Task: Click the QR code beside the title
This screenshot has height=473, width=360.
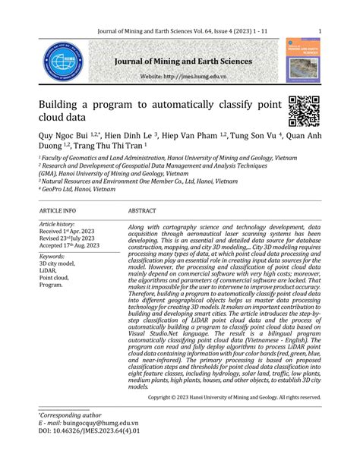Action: click(303, 111)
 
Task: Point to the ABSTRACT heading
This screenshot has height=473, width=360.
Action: click(142, 210)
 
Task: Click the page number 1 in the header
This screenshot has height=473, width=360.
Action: click(320, 31)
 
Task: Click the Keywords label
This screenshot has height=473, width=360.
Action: click(52, 256)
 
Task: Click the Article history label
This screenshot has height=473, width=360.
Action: click(57, 225)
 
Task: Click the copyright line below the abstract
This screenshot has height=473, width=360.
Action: click(234, 396)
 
